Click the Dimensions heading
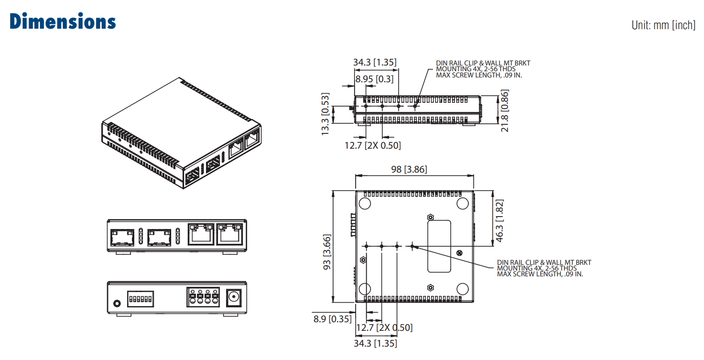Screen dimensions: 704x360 pyautogui.click(x=63, y=22)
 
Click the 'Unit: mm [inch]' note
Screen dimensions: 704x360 pyautogui.click(x=663, y=25)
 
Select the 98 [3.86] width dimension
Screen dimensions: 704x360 pyautogui.click(x=409, y=169)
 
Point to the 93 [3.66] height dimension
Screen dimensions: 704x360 pyautogui.click(x=327, y=252)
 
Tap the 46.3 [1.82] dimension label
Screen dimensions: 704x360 pyautogui.click(x=499, y=220)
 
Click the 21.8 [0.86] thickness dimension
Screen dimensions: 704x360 pyautogui.click(x=504, y=110)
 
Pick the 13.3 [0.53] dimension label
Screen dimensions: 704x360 pyautogui.click(x=325, y=114)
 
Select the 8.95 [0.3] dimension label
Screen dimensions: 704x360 pyautogui.click(x=374, y=79)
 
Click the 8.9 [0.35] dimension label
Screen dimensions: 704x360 pyautogui.click(x=333, y=319)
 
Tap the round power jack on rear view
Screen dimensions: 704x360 pyautogui.click(x=234, y=297)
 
